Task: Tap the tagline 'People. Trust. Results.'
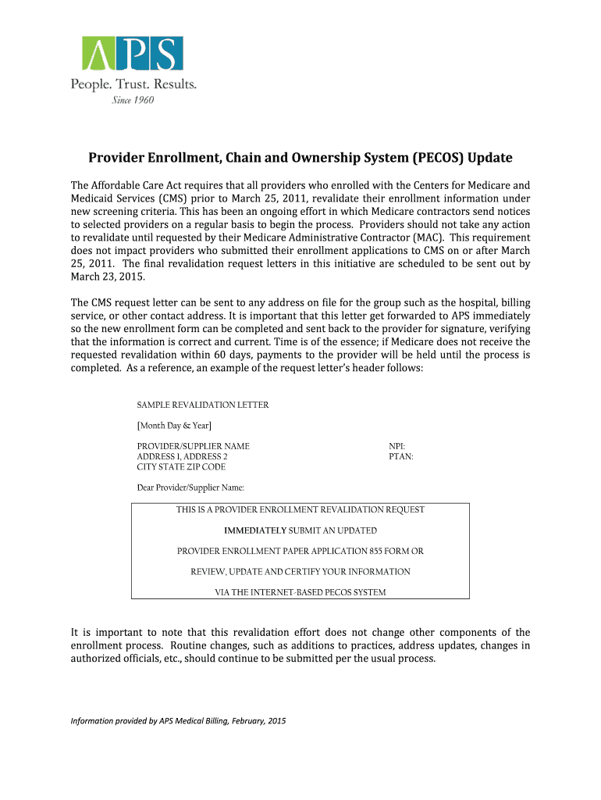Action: click(x=133, y=84)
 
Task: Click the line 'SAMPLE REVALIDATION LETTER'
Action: click(x=203, y=405)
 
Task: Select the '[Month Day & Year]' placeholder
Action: click(x=174, y=425)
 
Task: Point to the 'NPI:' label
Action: click(x=397, y=446)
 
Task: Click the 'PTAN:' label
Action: click(x=400, y=456)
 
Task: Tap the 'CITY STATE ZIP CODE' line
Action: click(x=181, y=466)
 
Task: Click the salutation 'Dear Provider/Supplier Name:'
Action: click(x=190, y=487)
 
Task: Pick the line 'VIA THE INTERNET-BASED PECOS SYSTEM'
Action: click(x=300, y=592)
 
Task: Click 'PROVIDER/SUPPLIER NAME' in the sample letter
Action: click(x=194, y=446)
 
